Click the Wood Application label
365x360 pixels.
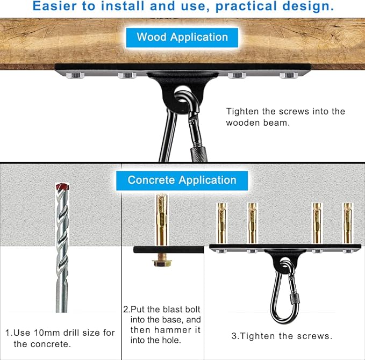point(182,38)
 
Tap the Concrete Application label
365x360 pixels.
point(182,181)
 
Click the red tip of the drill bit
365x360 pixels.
point(62,186)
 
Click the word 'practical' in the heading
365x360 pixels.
point(246,6)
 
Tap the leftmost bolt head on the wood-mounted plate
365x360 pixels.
point(75,75)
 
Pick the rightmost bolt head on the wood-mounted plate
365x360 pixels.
point(289,75)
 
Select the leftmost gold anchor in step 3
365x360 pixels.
point(221,223)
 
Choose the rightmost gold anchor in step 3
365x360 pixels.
point(348,223)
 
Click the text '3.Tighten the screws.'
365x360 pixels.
point(282,336)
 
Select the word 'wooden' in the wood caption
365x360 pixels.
point(243,123)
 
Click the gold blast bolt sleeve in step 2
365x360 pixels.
point(162,220)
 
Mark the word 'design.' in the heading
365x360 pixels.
point(308,6)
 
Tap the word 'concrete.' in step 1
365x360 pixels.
point(42,344)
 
